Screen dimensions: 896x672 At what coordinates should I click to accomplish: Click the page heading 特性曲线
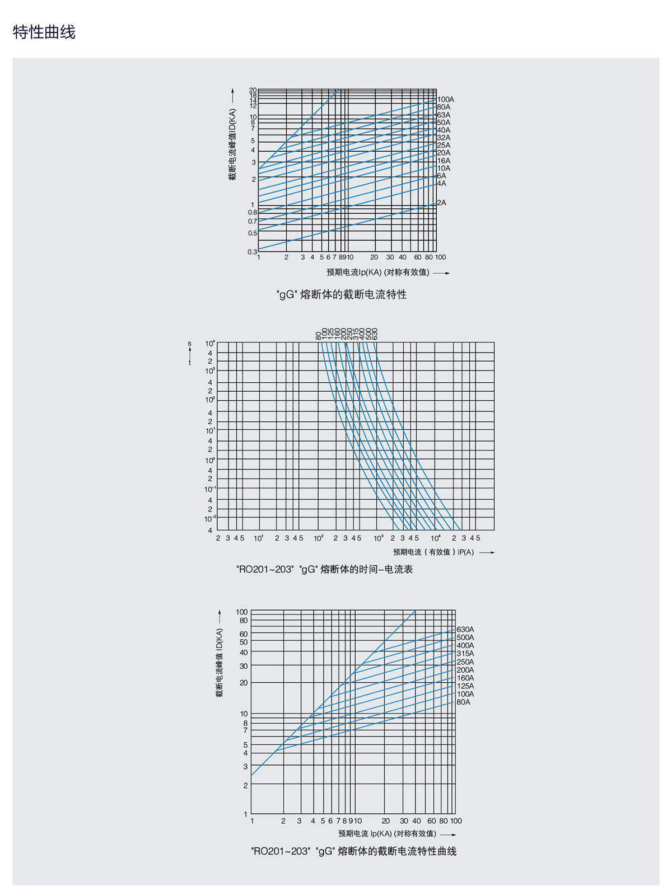point(44,32)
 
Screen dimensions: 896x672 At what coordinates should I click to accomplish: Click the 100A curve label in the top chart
point(446,100)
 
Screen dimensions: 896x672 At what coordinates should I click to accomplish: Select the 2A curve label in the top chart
point(442,203)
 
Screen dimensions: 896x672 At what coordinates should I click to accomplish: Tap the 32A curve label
point(444,138)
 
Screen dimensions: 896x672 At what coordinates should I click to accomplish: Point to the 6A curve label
point(442,176)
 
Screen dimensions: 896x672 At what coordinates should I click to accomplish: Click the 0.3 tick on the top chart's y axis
point(253,252)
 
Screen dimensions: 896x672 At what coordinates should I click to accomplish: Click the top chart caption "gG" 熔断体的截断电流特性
point(342,294)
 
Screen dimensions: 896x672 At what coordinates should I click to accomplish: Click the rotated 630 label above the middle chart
point(375,334)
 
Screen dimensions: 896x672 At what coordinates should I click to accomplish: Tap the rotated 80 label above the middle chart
point(319,336)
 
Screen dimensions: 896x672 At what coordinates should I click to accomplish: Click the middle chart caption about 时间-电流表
point(324,569)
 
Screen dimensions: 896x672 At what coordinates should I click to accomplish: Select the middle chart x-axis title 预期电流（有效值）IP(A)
point(433,552)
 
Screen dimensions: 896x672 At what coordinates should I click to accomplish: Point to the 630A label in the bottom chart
point(465,630)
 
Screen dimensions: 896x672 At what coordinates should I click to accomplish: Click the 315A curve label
point(465,654)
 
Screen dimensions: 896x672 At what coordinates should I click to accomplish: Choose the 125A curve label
point(465,686)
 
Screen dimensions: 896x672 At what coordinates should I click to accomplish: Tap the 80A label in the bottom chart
point(463,702)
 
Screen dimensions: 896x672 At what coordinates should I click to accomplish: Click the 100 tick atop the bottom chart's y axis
point(242,612)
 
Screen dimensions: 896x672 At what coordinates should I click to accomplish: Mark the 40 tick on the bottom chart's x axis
point(417,821)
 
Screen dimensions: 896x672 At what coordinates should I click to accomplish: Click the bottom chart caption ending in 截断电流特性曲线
point(354,851)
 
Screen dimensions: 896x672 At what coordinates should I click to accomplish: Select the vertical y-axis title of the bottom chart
point(220,663)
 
